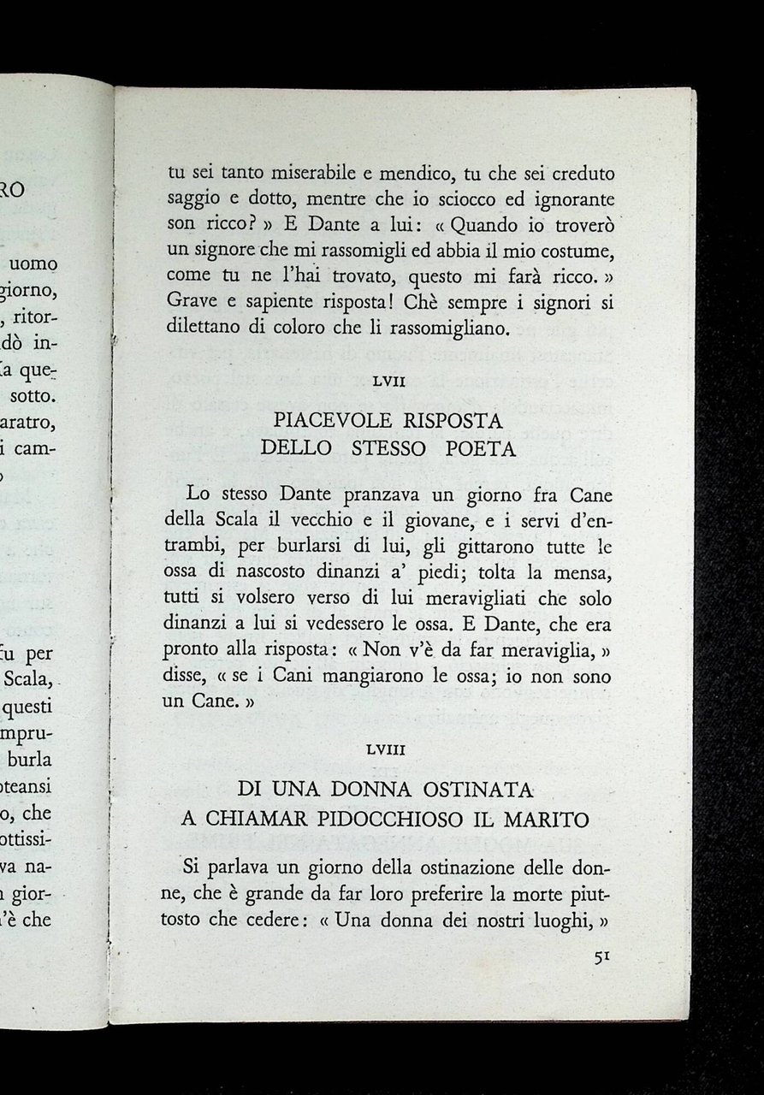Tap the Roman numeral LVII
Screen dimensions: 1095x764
388,382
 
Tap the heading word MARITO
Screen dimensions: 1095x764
550,820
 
